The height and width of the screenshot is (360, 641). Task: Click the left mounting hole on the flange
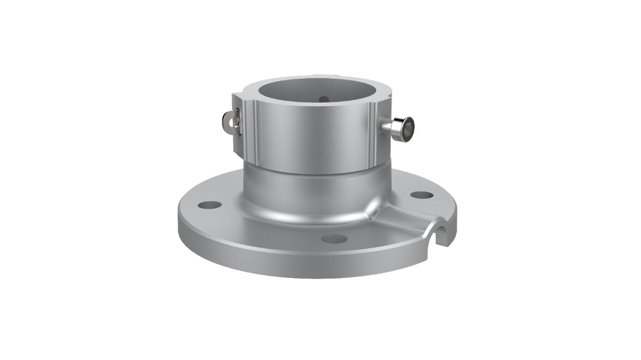point(210,205)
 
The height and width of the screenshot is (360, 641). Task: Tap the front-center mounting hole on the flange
point(335,239)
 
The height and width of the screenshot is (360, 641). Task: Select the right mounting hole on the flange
point(421,195)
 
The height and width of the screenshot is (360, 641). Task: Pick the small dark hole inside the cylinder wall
point(322,98)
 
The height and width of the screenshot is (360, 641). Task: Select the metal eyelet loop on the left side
point(231,121)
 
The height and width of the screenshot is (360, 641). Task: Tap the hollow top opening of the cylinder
point(316,94)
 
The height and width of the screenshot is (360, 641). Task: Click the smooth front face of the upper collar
point(313,141)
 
